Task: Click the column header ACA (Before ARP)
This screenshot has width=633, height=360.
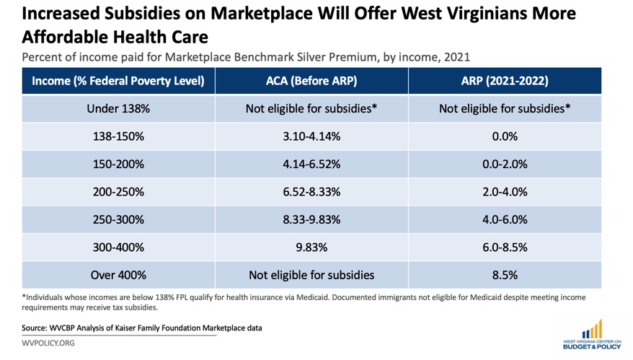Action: point(311,81)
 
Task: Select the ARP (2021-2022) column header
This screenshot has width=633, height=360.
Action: point(505,81)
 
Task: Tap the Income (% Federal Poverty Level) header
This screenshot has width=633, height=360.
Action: point(118,81)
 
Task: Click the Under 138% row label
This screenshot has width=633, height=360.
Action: point(118,109)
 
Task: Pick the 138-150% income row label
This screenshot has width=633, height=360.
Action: point(118,136)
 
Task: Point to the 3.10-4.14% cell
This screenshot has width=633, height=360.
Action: point(311,136)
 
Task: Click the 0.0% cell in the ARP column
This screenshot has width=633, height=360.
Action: point(505,136)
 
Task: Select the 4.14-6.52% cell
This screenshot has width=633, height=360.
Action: point(311,164)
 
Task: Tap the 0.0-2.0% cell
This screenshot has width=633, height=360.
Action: point(505,164)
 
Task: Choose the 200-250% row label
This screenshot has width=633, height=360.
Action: point(118,192)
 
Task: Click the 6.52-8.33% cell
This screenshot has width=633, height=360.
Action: point(311,192)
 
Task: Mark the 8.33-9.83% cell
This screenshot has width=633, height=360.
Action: point(311,219)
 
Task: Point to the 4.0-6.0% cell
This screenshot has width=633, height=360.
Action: point(505,219)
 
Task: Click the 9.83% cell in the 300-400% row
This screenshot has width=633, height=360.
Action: point(311,247)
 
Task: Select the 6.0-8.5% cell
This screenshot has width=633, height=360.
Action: point(505,247)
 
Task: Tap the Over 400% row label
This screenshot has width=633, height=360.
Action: point(118,275)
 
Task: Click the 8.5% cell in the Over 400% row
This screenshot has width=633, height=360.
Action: point(505,275)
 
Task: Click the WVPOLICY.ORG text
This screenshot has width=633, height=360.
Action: point(48,343)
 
